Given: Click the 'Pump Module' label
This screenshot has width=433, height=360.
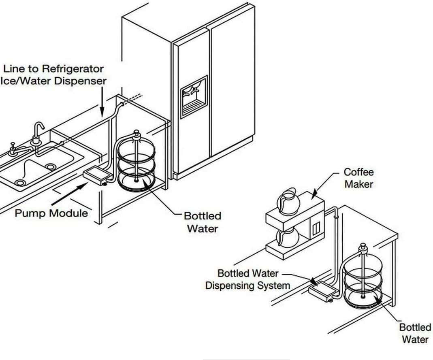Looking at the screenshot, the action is point(51,213).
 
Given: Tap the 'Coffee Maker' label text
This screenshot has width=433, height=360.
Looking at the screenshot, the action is point(359,178).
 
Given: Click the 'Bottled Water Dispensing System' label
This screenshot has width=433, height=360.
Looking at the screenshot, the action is point(248,279).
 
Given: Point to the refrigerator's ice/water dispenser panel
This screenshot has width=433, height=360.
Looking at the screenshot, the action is point(194,97).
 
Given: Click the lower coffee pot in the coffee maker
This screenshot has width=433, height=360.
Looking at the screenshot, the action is point(288,237).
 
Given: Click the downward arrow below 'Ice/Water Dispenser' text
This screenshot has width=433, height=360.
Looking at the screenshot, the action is point(102,102).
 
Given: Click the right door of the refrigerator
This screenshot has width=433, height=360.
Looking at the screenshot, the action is point(232,83).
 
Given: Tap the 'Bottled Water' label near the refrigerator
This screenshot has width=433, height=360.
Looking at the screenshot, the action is point(203,222).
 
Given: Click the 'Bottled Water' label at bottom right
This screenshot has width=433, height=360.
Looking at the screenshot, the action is point(415,333).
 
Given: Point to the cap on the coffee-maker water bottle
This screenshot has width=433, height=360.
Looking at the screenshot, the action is point(363,247).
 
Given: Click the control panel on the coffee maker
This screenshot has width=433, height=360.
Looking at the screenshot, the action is point(316,227).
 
